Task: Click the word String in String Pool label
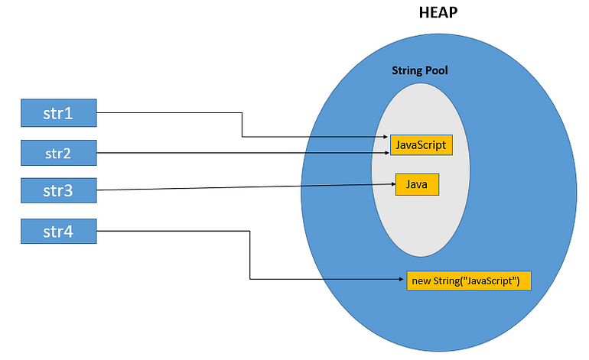406,70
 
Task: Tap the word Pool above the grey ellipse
436,70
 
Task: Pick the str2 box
59,153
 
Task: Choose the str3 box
59,190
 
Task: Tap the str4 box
59,231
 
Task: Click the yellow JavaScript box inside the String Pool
420,144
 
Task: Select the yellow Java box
417,184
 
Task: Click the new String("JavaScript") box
466,281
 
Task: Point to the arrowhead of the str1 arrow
385,138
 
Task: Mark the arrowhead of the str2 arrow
385,153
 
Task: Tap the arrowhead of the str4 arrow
401,280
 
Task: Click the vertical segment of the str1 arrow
242,125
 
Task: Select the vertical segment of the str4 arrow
250,255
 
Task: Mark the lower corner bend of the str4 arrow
250,280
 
